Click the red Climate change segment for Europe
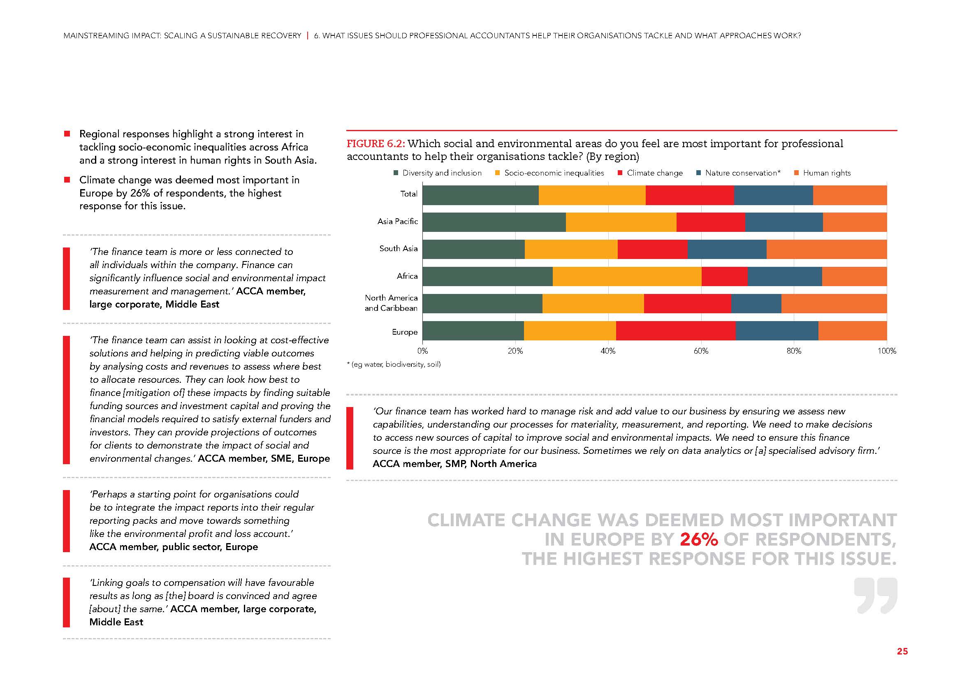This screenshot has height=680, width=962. click(675, 331)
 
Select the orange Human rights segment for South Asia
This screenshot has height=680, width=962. click(826, 249)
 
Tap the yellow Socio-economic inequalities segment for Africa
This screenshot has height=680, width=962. click(627, 276)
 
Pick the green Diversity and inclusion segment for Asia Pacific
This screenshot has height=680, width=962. click(494, 222)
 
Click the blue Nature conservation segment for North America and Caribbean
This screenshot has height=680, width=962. click(756, 303)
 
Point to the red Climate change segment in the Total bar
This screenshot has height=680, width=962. click(690, 195)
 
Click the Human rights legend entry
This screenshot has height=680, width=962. click(826, 173)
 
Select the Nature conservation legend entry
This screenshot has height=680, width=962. click(742, 173)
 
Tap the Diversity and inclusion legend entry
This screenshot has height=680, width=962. click(442, 173)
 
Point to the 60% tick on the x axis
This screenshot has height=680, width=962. click(701, 351)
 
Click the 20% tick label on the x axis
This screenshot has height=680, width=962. click(515, 351)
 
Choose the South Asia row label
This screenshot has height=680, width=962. click(398, 249)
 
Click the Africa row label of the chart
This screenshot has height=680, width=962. click(407, 276)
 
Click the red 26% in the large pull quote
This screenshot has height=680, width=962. click(698, 540)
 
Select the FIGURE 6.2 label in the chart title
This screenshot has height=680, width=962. click(376, 144)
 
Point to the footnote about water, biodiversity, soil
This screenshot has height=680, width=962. click(394, 365)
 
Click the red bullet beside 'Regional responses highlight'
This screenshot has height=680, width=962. click(67, 134)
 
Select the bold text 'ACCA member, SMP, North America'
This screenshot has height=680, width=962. click(454, 464)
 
